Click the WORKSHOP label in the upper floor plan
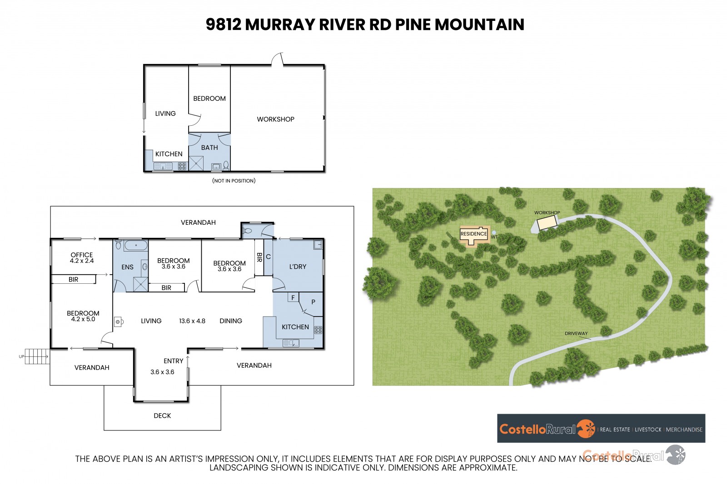pos(275,119)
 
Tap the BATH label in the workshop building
pos(209,148)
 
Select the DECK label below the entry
pos(162,415)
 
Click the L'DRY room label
pos(298,267)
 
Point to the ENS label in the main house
pos(127,267)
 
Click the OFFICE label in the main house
pos(82,255)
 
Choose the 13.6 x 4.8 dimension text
pos(192,321)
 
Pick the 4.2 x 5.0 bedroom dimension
pos(83,319)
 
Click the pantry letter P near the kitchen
pos(313,302)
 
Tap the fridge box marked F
pos(293,297)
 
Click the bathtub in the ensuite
pos(136,245)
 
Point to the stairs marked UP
pos(37,356)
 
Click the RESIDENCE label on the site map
pos(473,234)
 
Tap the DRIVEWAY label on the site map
pos(576,333)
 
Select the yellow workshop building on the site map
pos(547,223)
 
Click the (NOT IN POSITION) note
pos(234,181)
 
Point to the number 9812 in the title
pos(224,25)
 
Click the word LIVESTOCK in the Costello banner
pos(648,430)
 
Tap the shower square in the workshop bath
pos(196,163)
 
